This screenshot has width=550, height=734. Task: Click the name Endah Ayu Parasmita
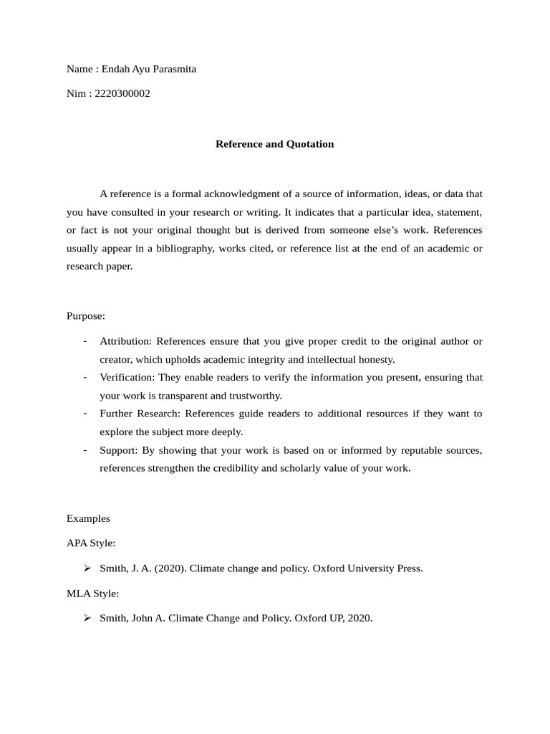pyautogui.click(x=149, y=70)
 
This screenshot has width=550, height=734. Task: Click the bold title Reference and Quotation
pyautogui.click(x=275, y=144)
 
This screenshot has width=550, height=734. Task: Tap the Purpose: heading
pyautogui.click(x=86, y=315)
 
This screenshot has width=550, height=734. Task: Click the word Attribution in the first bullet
pyautogui.click(x=125, y=341)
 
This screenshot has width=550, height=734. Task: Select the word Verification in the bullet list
pyautogui.click(x=127, y=377)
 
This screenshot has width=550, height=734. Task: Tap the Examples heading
pyautogui.click(x=88, y=518)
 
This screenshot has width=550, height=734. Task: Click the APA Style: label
pyautogui.click(x=91, y=543)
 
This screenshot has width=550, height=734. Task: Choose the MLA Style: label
pyautogui.click(x=92, y=594)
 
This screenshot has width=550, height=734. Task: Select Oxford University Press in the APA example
pyautogui.click(x=367, y=568)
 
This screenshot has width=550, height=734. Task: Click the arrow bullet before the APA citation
pyautogui.click(x=87, y=568)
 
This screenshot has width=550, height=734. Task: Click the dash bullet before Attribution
pyautogui.click(x=86, y=341)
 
